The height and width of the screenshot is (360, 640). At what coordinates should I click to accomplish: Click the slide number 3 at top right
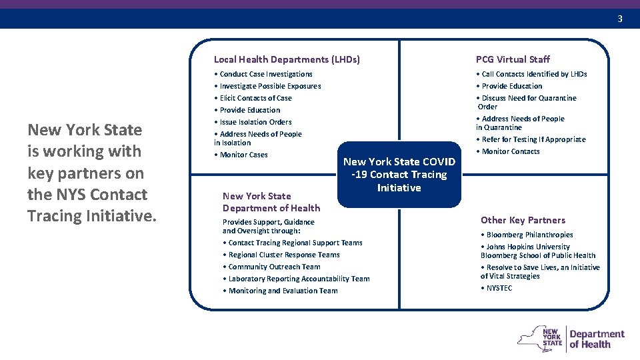pos(619,19)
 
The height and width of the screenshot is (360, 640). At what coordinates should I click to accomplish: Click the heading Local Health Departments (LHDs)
pos(287,59)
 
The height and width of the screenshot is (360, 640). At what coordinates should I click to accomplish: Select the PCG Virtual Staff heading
pos(513,59)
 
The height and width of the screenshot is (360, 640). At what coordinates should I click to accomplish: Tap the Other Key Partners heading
pos(523,220)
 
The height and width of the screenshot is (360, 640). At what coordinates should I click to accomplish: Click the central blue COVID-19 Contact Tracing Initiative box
pos(399,175)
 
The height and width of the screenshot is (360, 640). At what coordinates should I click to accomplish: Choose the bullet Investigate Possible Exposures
pos(270,86)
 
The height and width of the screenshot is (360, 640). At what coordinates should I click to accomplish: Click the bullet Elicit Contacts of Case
pos(255,98)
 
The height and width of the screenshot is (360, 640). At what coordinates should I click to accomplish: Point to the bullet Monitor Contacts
pos(511,151)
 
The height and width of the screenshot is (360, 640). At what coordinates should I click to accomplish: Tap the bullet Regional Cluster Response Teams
pos(284,255)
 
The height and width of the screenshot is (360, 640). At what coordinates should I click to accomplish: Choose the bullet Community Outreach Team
pos(274,267)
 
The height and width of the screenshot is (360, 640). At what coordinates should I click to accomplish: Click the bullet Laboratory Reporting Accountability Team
pos(299,279)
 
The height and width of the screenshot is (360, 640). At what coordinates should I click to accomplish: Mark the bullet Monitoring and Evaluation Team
pos(283,291)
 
